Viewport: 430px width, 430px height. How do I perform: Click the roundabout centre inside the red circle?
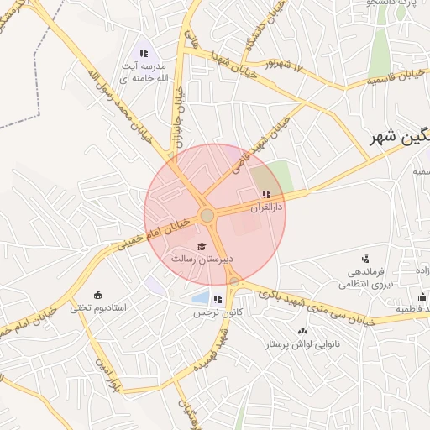207,216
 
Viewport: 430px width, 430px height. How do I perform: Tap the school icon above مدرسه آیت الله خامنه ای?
144,53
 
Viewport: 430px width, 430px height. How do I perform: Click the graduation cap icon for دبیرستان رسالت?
200,246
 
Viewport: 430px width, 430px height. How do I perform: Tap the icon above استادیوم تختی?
98,295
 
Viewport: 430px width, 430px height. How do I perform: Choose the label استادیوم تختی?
98,307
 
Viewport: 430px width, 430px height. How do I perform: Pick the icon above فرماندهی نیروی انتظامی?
364,259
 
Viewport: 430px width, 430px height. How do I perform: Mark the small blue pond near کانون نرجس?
200,297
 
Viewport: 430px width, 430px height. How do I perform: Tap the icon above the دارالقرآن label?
266,194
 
